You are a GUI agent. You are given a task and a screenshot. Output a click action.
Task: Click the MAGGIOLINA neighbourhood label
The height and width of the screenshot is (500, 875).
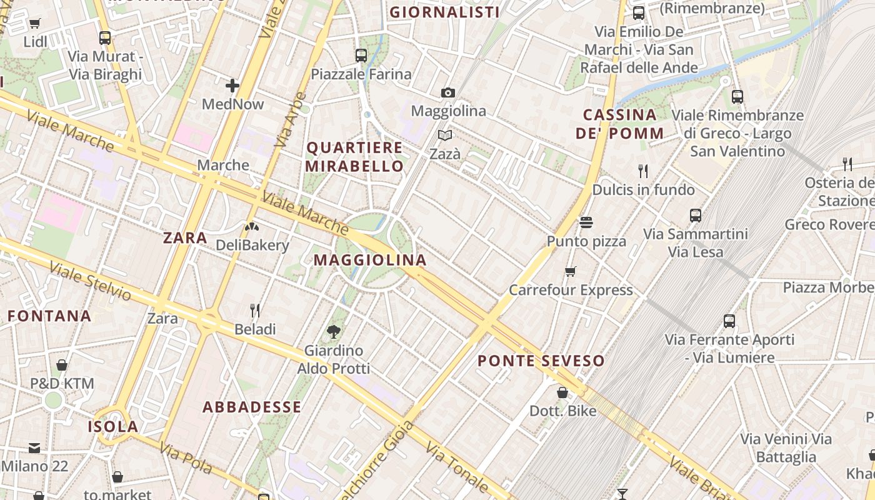(x=370, y=260)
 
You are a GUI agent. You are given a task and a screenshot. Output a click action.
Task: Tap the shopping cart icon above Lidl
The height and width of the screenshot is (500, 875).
(x=34, y=24)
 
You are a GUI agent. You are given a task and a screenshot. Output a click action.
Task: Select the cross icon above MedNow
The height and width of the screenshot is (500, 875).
(x=232, y=86)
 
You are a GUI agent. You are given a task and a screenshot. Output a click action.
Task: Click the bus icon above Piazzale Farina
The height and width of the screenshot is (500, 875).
(x=361, y=56)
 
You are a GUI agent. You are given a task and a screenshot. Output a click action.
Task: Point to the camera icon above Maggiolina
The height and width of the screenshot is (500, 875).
(x=447, y=93)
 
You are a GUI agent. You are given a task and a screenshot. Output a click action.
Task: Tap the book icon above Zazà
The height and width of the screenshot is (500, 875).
(x=445, y=136)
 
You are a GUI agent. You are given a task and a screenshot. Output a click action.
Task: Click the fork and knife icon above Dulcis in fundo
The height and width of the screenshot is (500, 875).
(x=642, y=171)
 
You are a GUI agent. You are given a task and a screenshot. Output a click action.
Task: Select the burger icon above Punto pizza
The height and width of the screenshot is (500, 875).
(x=586, y=222)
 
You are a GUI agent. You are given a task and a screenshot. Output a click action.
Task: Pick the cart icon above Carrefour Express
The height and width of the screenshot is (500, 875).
(x=570, y=272)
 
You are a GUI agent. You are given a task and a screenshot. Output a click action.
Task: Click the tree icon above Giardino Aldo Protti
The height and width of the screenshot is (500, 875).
(x=333, y=332)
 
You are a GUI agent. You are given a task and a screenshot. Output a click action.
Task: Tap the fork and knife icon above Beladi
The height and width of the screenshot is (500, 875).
(x=255, y=310)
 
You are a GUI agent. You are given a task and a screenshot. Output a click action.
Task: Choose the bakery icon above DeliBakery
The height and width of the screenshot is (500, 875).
(x=252, y=227)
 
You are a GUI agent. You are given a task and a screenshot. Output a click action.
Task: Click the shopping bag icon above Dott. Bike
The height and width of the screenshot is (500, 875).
(x=562, y=392)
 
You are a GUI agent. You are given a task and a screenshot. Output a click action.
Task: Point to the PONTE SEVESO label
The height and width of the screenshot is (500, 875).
(x=541, y=361)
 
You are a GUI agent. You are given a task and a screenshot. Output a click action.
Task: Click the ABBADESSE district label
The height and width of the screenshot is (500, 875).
(x=252, y=407)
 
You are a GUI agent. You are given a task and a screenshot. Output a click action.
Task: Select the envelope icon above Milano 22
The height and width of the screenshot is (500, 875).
(x=34, y=447)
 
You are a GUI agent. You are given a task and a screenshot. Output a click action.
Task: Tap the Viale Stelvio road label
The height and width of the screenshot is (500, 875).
(x=90, y=281)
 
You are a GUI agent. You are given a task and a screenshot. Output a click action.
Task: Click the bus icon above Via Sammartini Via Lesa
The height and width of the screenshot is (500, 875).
(x=696, y=216)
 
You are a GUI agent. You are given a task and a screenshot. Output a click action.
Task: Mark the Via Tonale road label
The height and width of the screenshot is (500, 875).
(x=457, y=467)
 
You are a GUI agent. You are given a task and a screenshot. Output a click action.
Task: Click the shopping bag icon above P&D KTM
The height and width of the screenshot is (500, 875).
(x=62, y=365)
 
